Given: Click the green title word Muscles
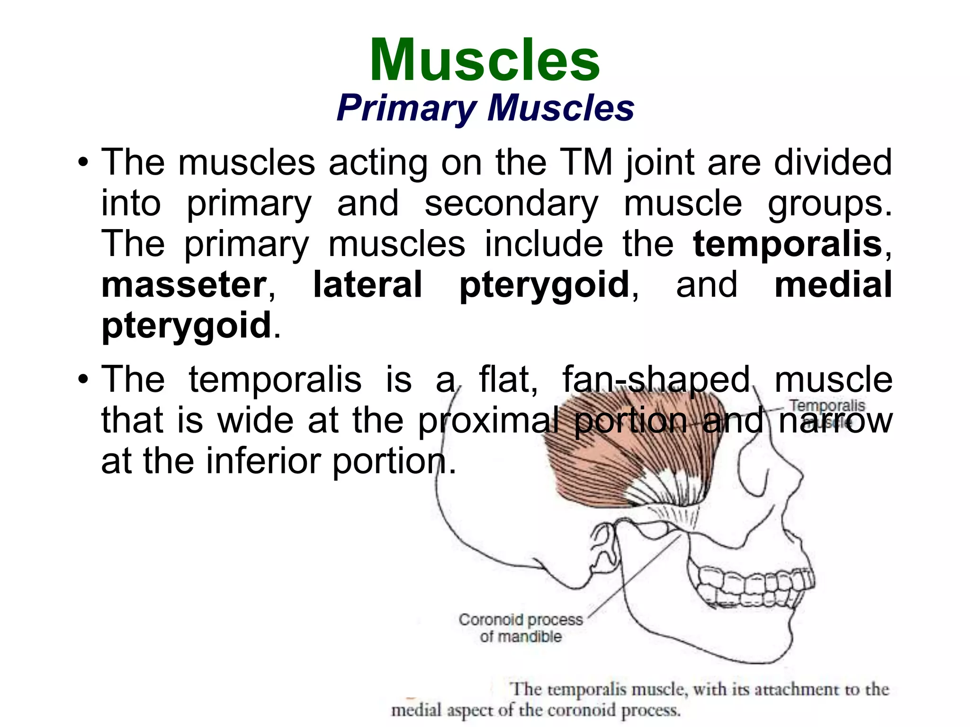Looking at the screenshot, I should coord(485,61).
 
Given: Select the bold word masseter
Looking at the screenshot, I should coord(184,285).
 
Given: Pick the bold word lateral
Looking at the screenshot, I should coord(368,285).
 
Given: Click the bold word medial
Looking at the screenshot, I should coord(833,285).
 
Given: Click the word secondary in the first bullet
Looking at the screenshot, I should coord(511,204).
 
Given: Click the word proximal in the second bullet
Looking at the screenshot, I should coord(488,420).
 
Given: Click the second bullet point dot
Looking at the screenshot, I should coord(83,380).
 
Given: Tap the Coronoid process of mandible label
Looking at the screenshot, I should coord(521,628).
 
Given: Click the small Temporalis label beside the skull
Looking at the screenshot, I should coord(827,406).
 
